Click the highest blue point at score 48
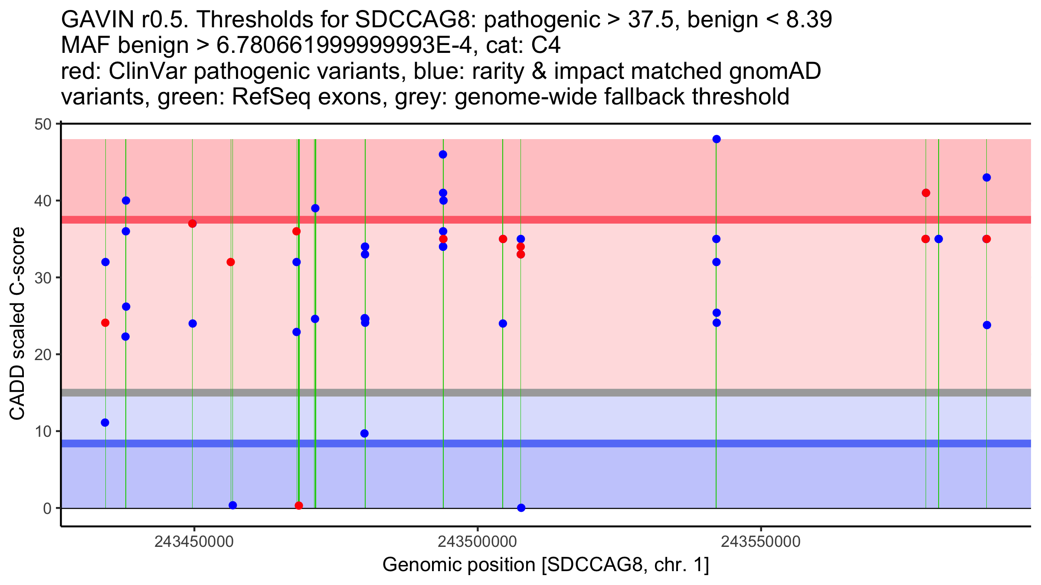[x=717, y=139]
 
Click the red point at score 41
[x=926, y=193]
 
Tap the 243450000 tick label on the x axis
[x=194, y=542]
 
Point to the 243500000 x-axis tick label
[x=477, y=542]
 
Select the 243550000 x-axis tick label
[x=760, y=542]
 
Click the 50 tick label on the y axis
[x=43, y=124]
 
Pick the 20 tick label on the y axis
[x=43, y=354]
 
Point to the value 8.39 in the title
[x=809, y=19]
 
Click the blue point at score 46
[x=443, y=155]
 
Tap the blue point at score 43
[x=987, y=178]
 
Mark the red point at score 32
[x=231, y=262]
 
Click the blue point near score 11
[x=105, y=422]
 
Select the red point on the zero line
[x=299, y=506]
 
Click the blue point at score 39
[x=315, y=208]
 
